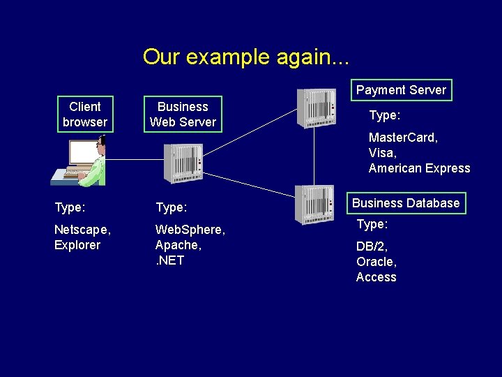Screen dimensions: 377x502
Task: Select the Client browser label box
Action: click(85, 114)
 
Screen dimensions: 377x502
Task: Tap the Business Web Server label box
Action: click(183, 114)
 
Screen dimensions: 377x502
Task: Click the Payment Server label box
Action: click(401, 90)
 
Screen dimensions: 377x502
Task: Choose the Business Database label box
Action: click(406, 203)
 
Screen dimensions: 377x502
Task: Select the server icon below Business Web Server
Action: click(183, 163)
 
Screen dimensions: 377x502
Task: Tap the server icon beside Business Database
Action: click(314, 204)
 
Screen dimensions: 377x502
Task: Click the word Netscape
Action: click(81, 230)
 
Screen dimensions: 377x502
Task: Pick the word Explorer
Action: click(77, 245)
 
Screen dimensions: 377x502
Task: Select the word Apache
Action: click(177, 245)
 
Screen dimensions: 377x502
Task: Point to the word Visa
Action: click(381, 153)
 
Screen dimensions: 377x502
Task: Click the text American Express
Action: click(419, 168)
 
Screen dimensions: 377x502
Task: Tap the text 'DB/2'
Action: click(372, 246)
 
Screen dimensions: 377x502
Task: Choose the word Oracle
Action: click(375, 262)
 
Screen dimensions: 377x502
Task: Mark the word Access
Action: click(376, 277)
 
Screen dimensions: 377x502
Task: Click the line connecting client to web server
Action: click(132, 160)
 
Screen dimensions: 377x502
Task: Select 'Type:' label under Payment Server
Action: click(383, 114)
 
